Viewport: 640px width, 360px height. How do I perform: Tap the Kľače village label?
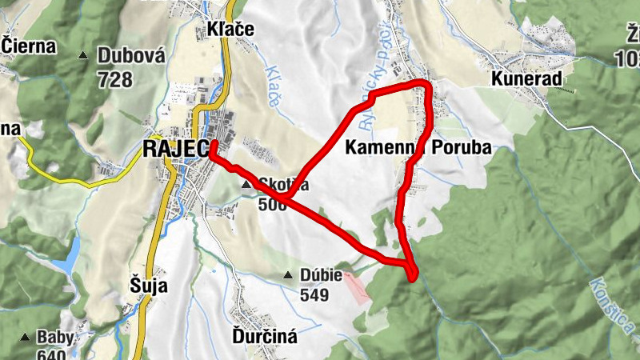(230, 30)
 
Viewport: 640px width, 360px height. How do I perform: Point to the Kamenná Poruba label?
(418, 147)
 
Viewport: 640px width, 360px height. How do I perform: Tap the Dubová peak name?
(131, 56)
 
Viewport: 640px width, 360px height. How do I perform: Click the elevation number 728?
(114, 78)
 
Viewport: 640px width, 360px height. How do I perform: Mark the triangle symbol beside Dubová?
(83, 56)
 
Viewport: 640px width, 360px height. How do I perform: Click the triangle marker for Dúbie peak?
(288, 276)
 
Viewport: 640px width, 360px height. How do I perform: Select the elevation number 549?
(316, 294)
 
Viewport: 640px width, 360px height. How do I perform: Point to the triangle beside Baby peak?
(24, 338)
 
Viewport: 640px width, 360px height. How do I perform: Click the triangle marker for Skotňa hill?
(246, 185)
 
